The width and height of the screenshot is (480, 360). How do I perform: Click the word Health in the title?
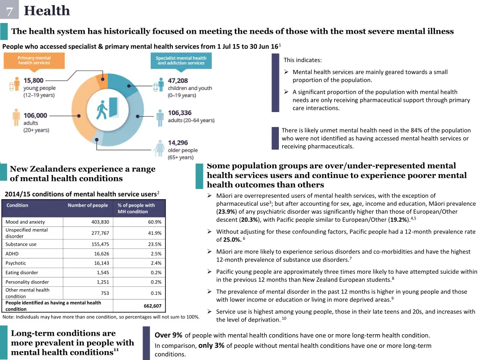pos(47,10)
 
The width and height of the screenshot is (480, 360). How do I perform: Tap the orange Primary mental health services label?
pos(34,60)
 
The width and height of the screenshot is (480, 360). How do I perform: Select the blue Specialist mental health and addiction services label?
pos(181,60)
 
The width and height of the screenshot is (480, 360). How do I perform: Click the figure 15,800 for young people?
pos(34,81)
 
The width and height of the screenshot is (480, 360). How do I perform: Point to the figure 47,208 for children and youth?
pos(178,81)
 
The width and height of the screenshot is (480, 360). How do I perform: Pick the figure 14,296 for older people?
pos(178,142)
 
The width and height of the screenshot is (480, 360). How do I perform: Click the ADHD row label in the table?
pos(12,254)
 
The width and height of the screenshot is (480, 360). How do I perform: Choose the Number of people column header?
pos(88,205)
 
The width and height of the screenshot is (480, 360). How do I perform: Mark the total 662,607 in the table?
pos(152,306)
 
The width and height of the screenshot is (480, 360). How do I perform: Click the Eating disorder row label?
pos(22,272)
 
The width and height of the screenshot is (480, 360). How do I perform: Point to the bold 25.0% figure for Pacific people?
pos(232,240)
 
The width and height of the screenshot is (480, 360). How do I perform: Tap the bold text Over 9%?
pos(168,335)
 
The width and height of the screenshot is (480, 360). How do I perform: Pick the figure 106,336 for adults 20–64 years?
pos(180,112)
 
